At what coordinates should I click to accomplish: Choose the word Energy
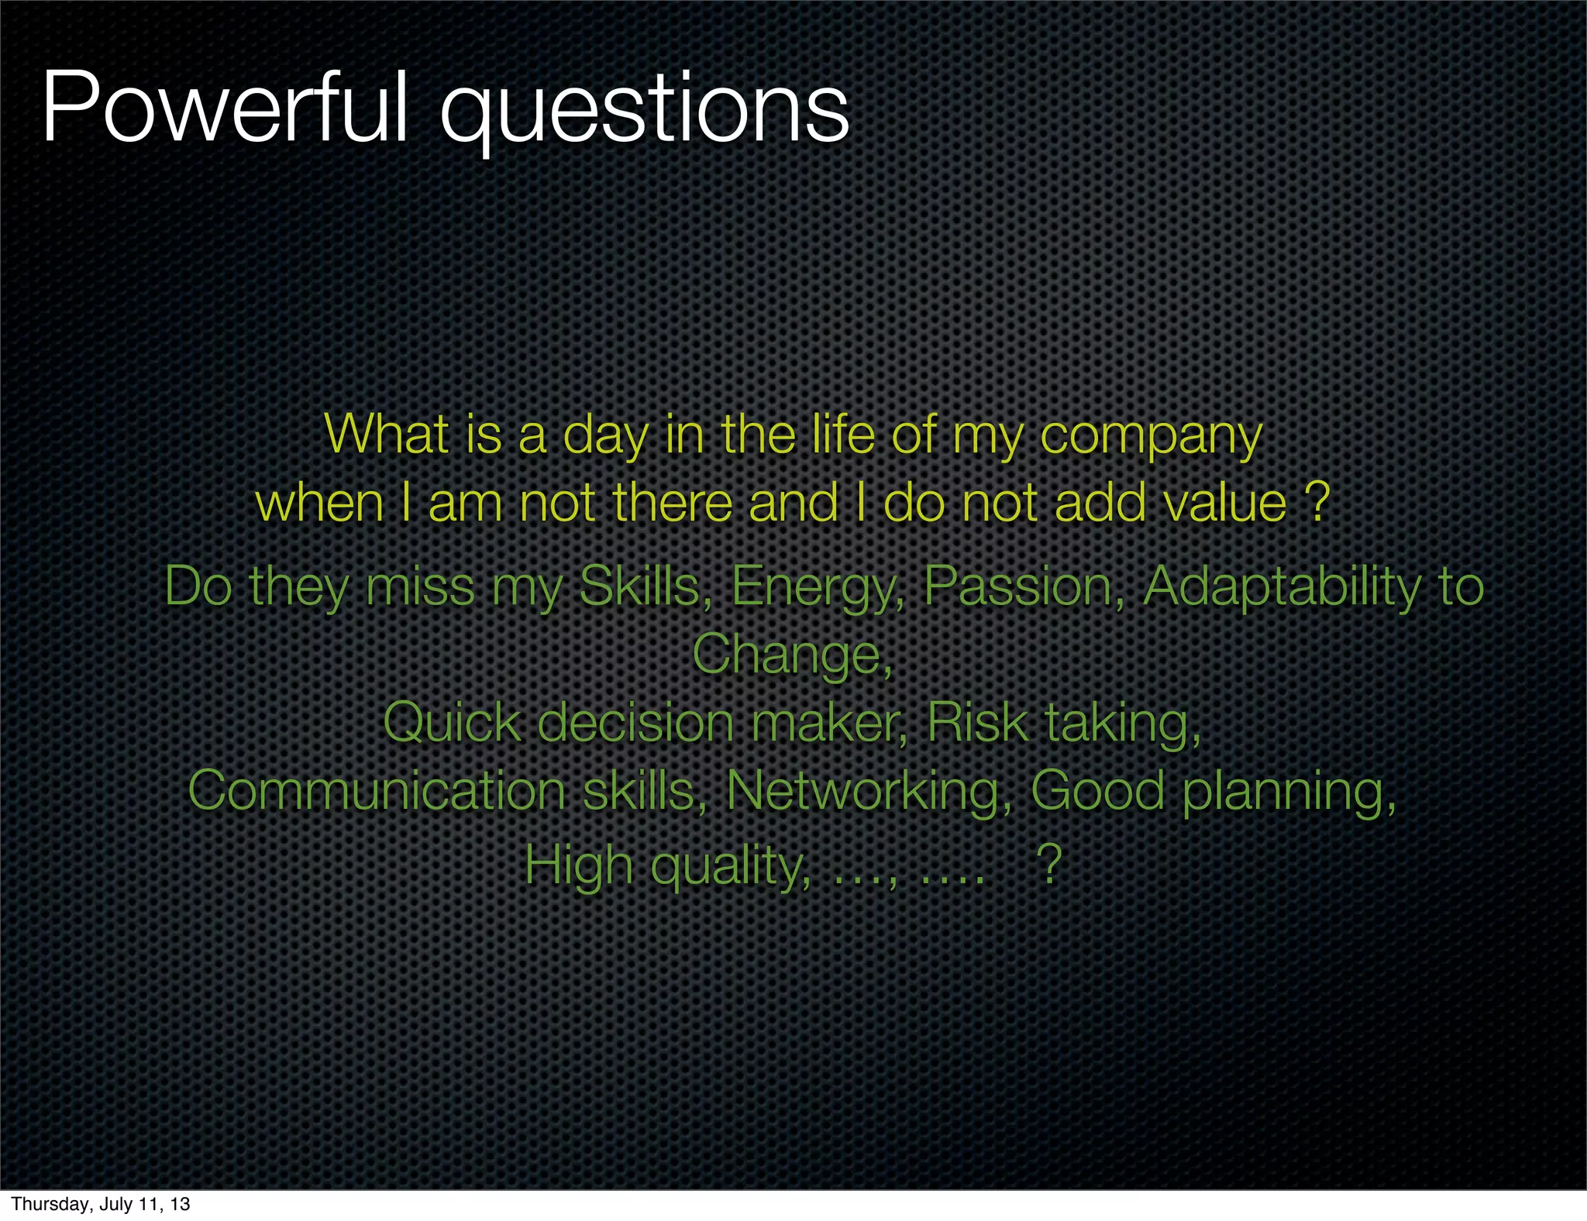pos(818,587)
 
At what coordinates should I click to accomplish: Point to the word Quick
pos(452,722)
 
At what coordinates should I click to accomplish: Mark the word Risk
pos(977,722)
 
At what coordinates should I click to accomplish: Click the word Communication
pos(377,791)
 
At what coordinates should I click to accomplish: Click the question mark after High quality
pos(1049,865)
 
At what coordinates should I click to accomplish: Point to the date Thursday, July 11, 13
pos(101,1204)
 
